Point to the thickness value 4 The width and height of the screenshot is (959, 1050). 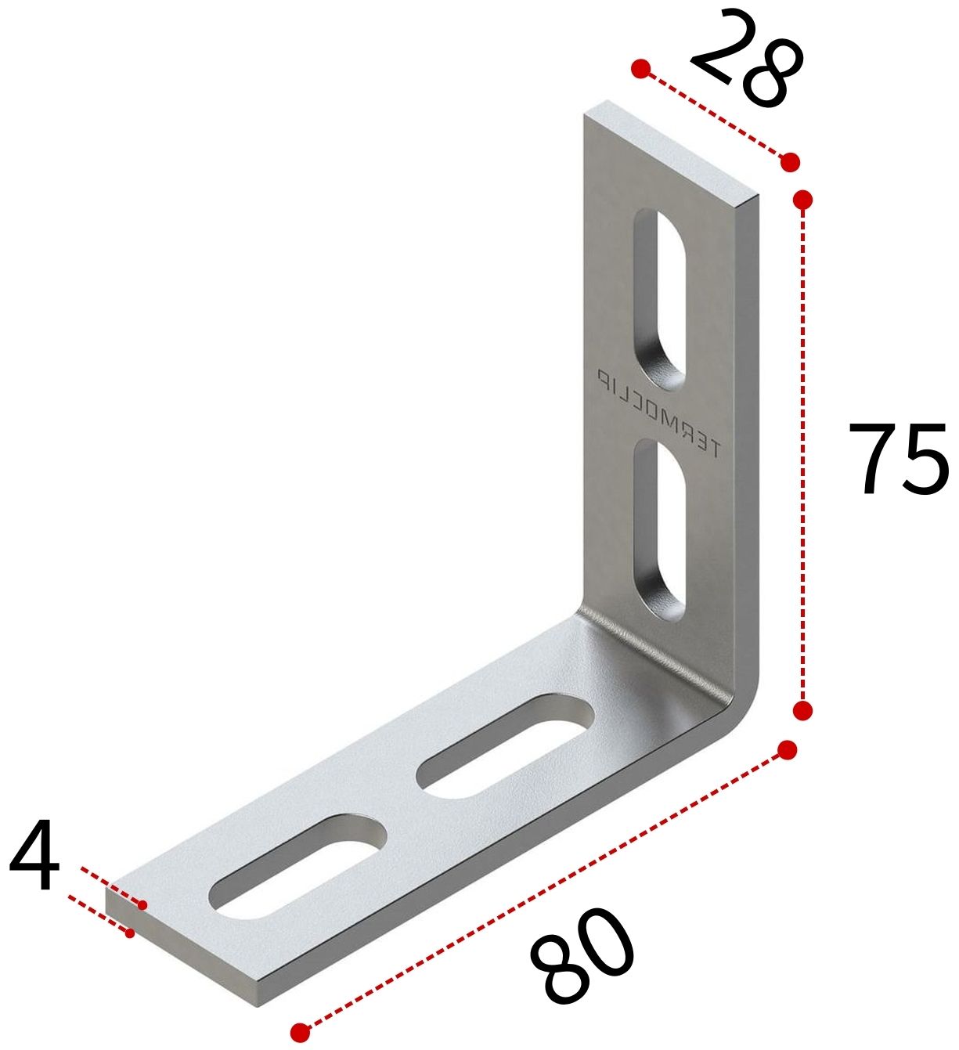point(34,857)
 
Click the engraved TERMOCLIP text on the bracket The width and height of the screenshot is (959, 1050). point(658,413)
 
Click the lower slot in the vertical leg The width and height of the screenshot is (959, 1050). point(660,529)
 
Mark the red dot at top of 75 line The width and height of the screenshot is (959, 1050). point(802,200)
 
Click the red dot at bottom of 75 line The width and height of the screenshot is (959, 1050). point(802,710)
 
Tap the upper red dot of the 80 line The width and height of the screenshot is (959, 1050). point(788,750)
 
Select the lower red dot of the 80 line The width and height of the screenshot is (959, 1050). point(300,1032)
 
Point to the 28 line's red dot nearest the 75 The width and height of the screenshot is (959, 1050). point(790,162)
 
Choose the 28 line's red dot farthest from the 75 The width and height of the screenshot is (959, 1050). point(641,69)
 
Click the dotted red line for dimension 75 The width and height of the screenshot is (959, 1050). point(802,454)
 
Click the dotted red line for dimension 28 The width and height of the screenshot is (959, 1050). point(714,115)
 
